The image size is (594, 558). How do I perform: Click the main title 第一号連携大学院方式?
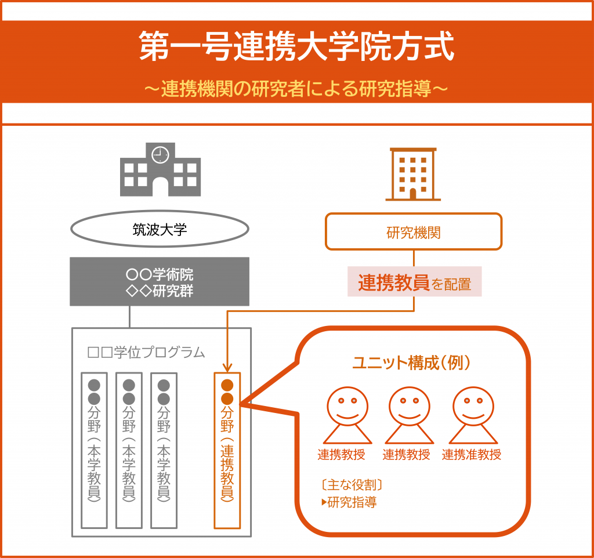296,46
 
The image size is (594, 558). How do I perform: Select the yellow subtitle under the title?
296,89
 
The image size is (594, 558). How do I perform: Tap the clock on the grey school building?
160,154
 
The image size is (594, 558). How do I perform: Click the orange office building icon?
413,174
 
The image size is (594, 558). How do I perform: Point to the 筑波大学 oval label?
160,229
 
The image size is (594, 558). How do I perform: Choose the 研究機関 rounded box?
413,232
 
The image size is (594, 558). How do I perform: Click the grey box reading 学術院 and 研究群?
160,281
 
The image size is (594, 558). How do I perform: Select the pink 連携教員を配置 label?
414,282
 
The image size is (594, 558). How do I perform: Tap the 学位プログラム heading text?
146,352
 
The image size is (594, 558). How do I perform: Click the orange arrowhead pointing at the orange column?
227,367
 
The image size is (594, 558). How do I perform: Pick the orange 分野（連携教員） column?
227,451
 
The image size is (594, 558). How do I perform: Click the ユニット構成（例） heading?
411,363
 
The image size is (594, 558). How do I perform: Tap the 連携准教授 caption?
471,455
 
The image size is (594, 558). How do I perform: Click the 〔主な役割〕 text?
352,484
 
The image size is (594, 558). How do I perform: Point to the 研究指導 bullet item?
349,502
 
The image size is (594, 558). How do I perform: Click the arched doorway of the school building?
160,186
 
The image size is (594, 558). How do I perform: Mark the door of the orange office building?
413,194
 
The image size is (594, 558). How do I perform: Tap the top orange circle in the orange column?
227,385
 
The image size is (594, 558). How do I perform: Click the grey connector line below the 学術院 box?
129,317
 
